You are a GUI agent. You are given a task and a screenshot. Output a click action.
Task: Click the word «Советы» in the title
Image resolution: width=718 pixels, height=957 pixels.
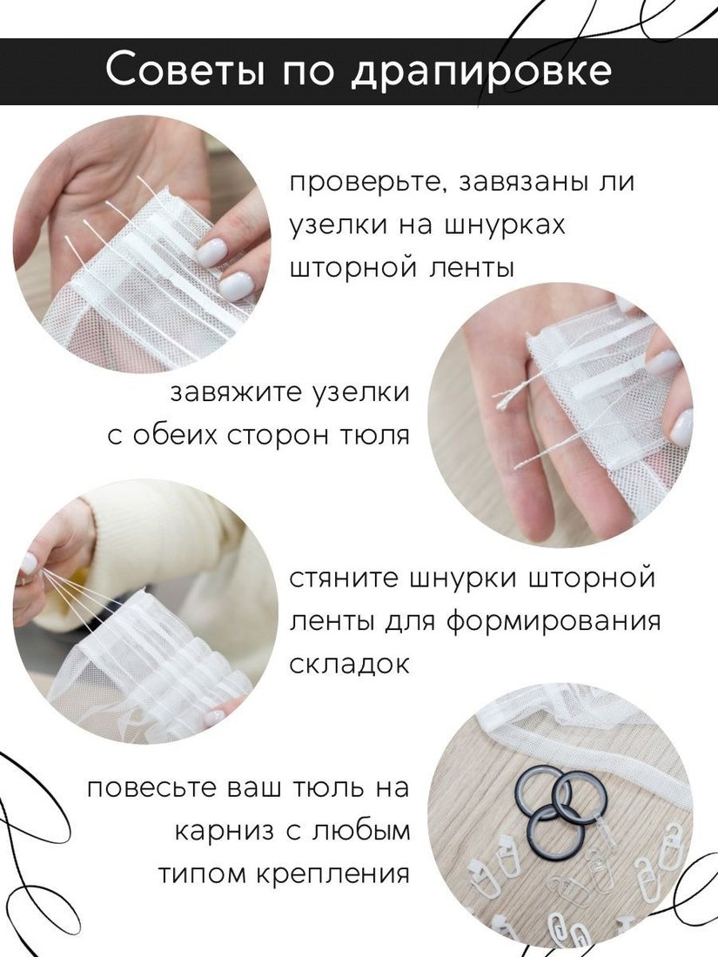click(185, 70)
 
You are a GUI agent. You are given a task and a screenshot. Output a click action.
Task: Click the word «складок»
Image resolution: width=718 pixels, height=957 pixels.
click(349, 664)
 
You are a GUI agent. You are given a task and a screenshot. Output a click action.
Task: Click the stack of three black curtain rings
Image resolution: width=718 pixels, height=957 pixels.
click(555, 806)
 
